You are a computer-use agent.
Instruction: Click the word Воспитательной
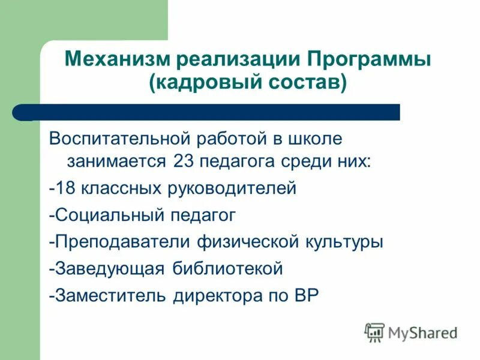tap(119, 139)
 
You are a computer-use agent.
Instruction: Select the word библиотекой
tap(228, 269)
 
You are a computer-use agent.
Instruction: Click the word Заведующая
tap(109, 269)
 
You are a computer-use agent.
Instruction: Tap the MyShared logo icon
tap(374, 332)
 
